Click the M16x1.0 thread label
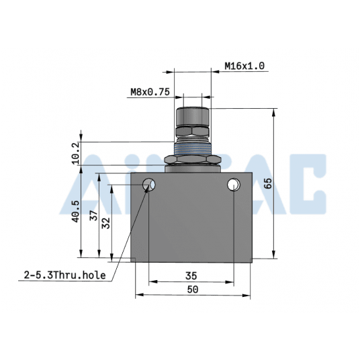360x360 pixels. (245, 66)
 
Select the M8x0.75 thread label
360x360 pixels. (150, 93)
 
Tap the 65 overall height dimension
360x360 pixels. (268, 183)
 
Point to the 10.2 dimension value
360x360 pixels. (75, 152)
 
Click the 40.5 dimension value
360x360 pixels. (75, 212)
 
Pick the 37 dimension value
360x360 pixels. (93, 216)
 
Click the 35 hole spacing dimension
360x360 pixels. (191, 275)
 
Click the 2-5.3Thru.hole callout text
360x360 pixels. (64, 275)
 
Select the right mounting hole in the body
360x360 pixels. (234, 184)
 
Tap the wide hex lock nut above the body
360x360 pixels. (191, 161)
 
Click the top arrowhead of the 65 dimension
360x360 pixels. (275, 112)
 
